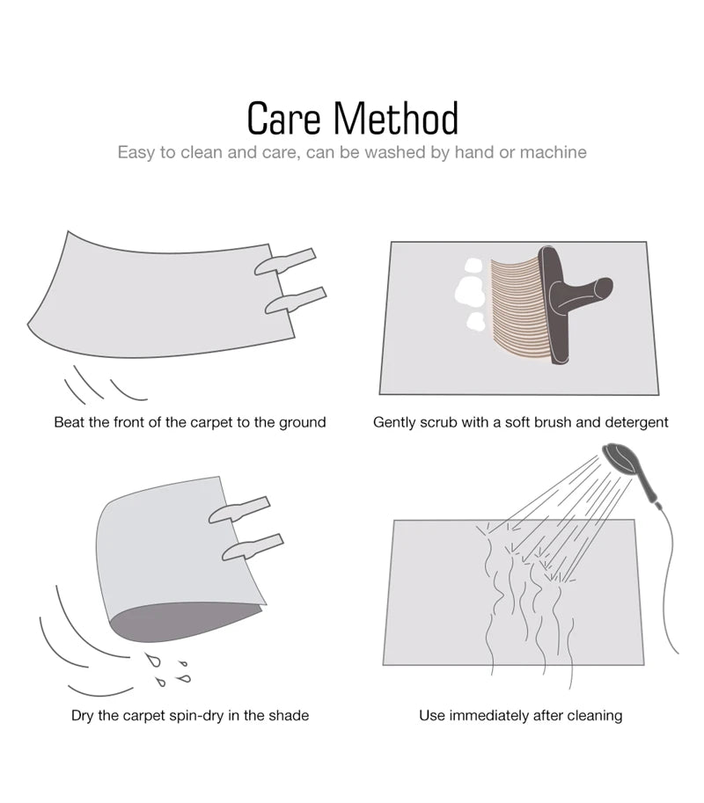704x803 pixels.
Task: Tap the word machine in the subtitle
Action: coord(553,152)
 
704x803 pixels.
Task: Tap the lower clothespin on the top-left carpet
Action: coord(294,301)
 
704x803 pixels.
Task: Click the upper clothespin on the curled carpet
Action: coord(238,510)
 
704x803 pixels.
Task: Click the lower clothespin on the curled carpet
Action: coord(252,547)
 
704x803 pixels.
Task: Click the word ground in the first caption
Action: coord(302,422)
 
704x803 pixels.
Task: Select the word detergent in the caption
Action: coord(635,422)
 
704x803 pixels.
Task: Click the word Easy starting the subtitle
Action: coord(136,152)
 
